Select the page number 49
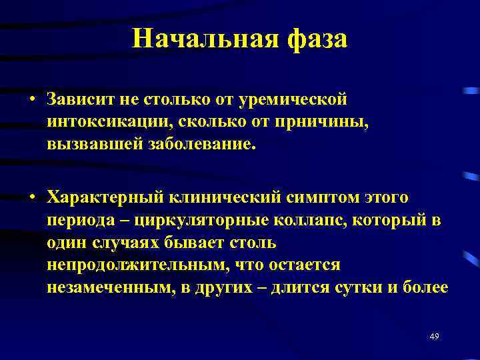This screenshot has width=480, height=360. point(435,335)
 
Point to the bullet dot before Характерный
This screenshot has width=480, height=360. point(31,198)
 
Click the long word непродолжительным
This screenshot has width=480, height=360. point(148,265)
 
